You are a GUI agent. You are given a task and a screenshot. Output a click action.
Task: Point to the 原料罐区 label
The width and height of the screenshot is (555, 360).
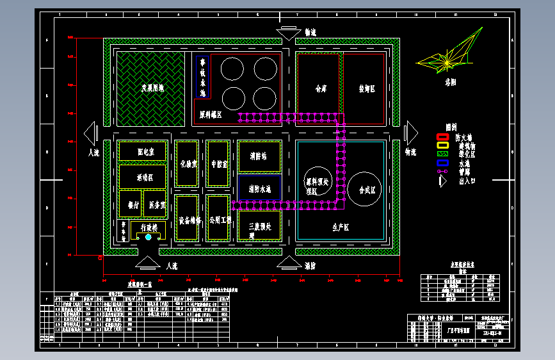211,115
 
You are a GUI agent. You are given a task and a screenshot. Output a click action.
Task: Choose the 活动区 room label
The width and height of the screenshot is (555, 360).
145,177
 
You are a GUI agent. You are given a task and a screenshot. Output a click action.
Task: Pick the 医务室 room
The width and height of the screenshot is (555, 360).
157,205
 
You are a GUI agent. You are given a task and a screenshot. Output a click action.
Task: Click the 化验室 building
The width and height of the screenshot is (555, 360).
188,163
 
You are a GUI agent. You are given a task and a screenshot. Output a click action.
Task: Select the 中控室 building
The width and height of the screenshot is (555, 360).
219,163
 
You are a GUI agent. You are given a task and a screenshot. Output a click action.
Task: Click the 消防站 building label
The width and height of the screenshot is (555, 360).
259,156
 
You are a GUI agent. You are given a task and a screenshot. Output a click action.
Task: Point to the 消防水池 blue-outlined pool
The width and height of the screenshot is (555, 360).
259,189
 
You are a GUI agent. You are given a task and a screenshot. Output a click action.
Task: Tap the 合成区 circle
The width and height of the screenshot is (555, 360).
369,190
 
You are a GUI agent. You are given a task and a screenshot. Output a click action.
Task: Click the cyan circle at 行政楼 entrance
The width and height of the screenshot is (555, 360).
149,237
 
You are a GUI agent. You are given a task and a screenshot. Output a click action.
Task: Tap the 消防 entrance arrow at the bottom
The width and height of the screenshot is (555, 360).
289,263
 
